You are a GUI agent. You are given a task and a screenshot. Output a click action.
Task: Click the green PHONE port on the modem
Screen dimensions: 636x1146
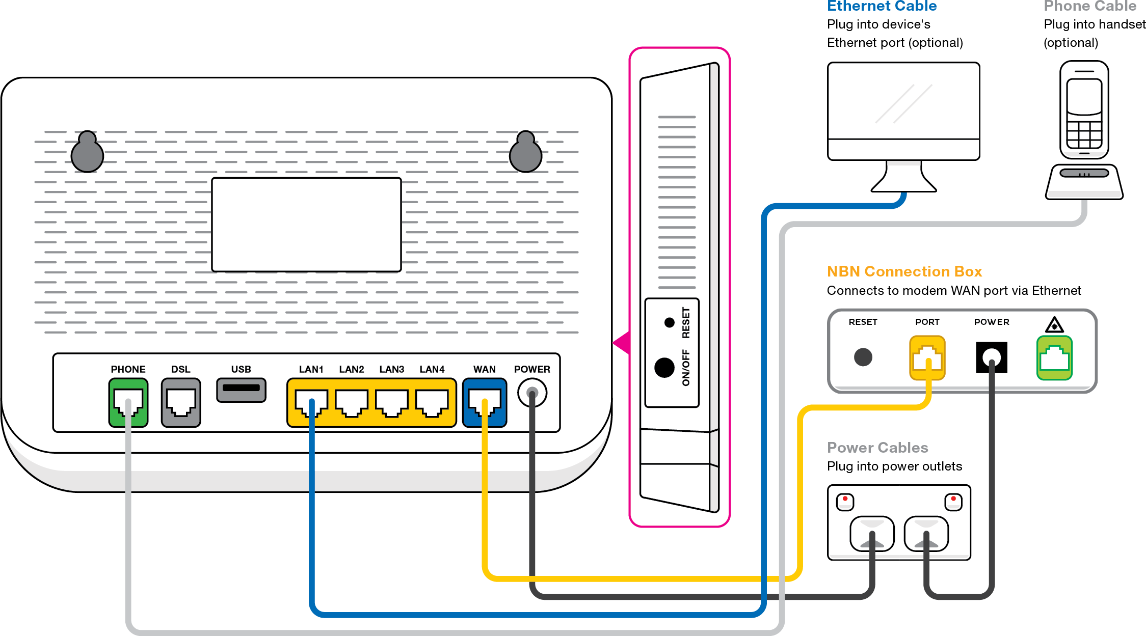(128, 402)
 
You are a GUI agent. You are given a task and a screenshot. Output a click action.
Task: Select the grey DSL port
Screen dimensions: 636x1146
(181, 402)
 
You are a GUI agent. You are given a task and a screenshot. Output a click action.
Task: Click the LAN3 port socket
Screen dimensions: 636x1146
(391, 402)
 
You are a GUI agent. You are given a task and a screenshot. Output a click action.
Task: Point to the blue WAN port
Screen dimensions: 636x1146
(484, 402)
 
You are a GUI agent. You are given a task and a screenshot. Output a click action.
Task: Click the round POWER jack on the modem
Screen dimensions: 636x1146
(532, 393)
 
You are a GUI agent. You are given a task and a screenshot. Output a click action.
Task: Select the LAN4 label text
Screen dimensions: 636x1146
(432, 369)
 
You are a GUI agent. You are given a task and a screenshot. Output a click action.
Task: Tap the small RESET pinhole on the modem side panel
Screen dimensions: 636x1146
(669, 322)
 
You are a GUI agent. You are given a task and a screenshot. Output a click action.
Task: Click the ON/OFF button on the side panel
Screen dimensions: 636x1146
(664, 367)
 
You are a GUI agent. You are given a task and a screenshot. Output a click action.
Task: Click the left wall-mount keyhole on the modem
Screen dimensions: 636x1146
(87, 152)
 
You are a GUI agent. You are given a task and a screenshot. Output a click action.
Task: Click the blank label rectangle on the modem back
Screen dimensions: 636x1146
(306, 225)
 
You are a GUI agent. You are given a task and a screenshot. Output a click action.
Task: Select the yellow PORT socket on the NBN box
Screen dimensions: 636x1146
(927, 357)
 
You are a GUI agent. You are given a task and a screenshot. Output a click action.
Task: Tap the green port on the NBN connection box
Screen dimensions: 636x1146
(1054, 357)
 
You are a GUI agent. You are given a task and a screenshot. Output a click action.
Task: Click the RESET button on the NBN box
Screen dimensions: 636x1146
(863, 357)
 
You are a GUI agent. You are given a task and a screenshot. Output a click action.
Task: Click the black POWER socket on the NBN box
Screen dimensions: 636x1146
(991, 357)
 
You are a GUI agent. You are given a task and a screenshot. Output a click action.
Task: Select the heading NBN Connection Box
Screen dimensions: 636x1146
(904, 271)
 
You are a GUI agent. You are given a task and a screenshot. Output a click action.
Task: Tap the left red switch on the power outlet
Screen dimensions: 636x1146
(845, 502)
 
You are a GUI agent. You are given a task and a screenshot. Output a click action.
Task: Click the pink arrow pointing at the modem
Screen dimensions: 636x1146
(622, 343)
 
